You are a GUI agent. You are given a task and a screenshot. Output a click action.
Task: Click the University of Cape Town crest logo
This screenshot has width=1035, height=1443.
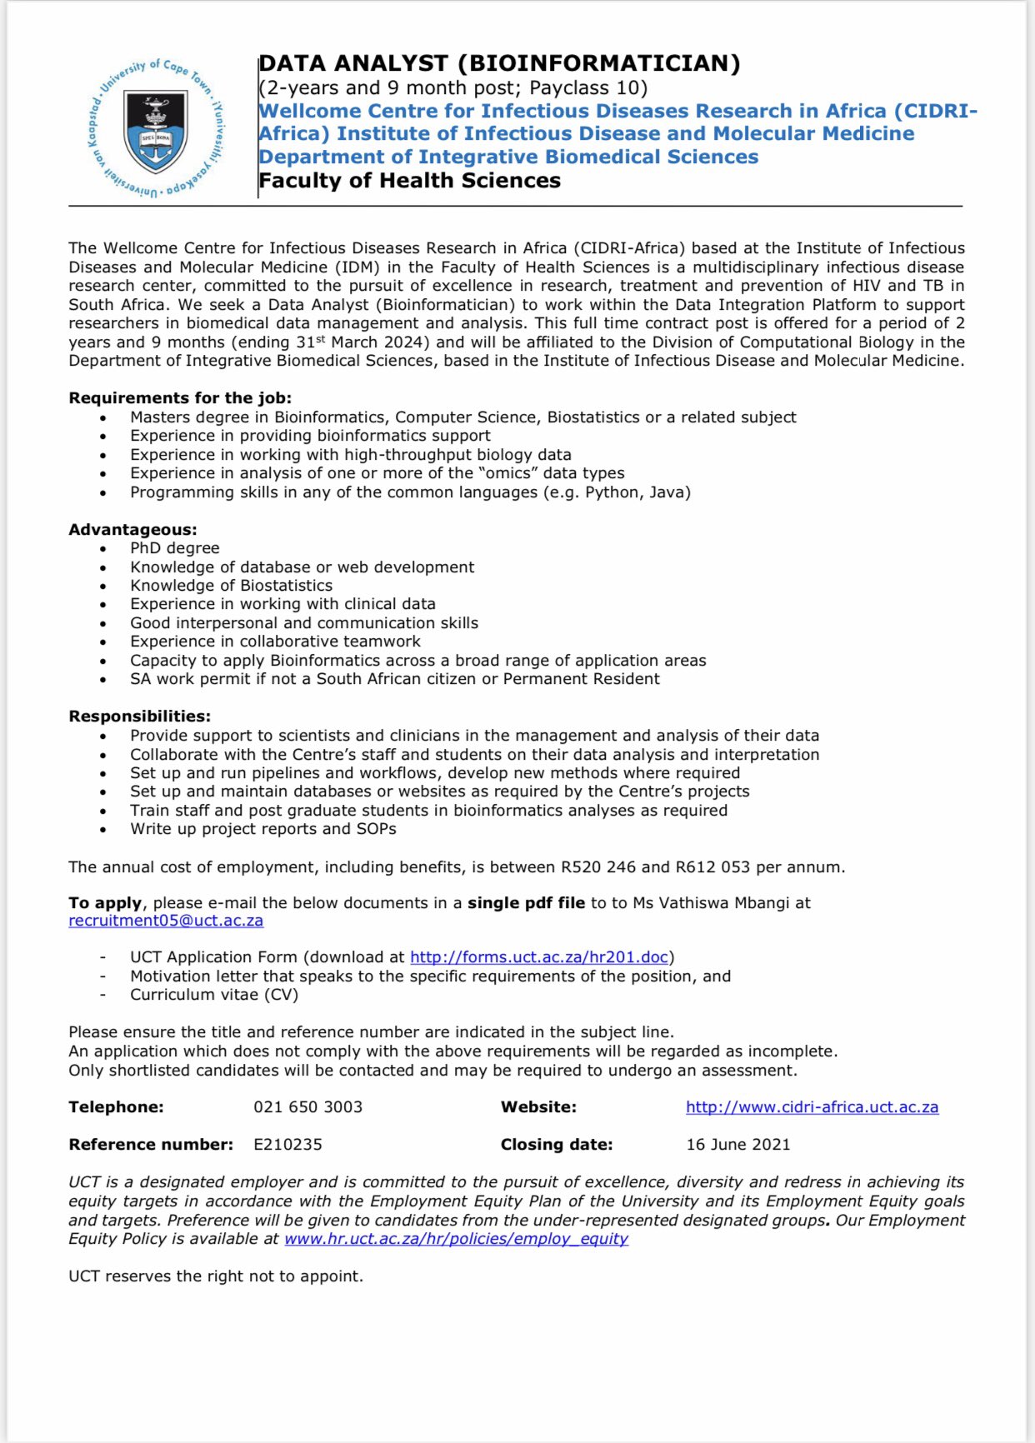tap(156, 128)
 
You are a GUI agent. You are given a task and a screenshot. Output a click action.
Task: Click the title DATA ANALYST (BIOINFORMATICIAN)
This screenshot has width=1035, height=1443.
tap(499, 63)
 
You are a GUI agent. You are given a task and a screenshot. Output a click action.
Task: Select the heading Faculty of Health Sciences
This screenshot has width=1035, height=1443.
tap(409, 181)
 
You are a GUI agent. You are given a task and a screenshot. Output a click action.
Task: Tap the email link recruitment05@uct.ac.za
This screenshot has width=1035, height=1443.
tap(166, 921)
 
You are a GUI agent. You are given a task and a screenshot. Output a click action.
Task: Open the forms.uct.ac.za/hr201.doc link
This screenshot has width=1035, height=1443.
tap(539, 957)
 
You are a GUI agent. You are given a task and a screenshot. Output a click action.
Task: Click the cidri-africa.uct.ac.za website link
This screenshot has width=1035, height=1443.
tap(812, 1107)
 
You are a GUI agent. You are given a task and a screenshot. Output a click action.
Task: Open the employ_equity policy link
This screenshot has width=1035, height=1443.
tap(456, 1239)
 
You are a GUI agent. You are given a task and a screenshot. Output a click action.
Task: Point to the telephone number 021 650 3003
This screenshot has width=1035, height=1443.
tap(307, 1107)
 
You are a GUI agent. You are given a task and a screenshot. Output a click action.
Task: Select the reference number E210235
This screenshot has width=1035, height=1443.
tap(287, 1145)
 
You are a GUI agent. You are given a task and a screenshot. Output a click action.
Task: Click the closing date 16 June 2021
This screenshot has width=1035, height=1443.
tap(737, 1145)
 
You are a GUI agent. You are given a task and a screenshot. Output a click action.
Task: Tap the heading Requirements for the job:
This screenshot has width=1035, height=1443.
tap(180, 398)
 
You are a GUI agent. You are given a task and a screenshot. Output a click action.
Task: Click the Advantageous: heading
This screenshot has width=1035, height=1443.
tap(132, 530)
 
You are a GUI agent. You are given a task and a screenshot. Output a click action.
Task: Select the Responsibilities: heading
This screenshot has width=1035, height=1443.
tap(139, 717)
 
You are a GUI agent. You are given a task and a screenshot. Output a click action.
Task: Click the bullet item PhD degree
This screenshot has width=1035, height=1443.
tap(174, 548)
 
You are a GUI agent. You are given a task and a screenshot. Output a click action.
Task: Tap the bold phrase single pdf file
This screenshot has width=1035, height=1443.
tap(526, 903)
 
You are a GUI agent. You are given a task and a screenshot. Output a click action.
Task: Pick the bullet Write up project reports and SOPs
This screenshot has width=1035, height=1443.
tap(262, 829)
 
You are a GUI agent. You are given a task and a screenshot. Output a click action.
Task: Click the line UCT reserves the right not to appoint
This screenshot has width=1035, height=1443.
tap(215, 1276)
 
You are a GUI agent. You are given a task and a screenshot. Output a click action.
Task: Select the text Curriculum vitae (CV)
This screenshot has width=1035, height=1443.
tap(213, 995)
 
